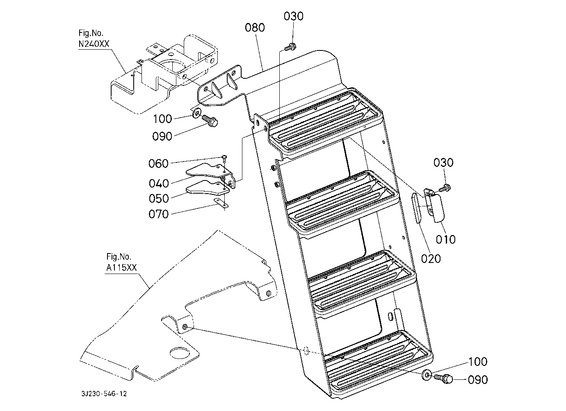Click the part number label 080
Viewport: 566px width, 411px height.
tap(255, 27)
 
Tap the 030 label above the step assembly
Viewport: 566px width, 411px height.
tap(293, 16)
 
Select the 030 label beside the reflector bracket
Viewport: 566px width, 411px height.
tap(443, 162)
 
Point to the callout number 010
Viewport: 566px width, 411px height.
tap(445, 240)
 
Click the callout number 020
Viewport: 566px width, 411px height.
tap(431, 258)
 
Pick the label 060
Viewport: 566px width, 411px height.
tap(158, 164)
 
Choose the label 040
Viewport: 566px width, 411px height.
tap(159, 183)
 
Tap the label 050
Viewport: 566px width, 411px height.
tap(159, 199)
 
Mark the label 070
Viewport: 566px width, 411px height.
tap(158, 215)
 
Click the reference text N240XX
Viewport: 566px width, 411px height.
tap(94, 44)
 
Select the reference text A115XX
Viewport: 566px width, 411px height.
tap(121, 268)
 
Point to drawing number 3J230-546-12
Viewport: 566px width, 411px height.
tap(104, 393)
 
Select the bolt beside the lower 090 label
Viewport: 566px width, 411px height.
tap(443, 379)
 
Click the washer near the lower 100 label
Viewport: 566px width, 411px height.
tap(427, 375)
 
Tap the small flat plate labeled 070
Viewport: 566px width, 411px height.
tap(221, 204)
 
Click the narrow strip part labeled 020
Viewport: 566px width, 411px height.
tap(417, 208)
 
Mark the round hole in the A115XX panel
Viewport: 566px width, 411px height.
tap(179, 353)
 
